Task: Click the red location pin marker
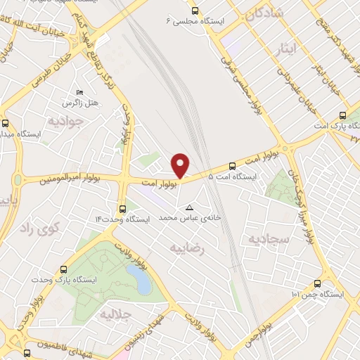[181, 165]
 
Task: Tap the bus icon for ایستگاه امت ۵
[232, 167]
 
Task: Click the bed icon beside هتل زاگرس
[79, 93]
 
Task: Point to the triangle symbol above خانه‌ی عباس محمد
[189, 207]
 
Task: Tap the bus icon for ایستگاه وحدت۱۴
[123, 209]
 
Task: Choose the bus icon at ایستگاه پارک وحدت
[64, 269]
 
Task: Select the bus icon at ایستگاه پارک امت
[342, 115]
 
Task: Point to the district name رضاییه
[191, 247]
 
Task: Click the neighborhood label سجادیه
[268, 240]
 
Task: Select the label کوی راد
[39, 228]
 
